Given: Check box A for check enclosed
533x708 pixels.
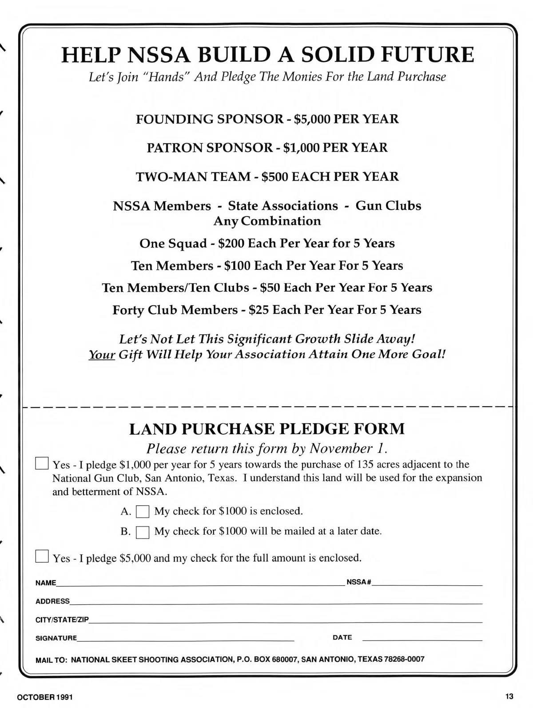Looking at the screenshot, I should coord(143,512).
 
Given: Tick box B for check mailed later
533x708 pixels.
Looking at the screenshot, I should coord(143,532).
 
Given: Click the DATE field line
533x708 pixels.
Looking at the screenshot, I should coord(422,639).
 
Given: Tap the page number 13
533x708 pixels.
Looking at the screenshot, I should coord(509,696).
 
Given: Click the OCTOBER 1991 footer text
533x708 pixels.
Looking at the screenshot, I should coord(44,696).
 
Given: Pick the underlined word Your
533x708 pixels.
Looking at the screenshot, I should coord(102,354).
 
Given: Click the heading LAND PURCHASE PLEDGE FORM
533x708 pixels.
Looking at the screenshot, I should coord(266,429).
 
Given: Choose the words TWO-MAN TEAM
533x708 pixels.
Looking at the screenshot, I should coord(193,176).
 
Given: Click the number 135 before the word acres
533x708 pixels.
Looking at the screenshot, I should coord(365,464).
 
